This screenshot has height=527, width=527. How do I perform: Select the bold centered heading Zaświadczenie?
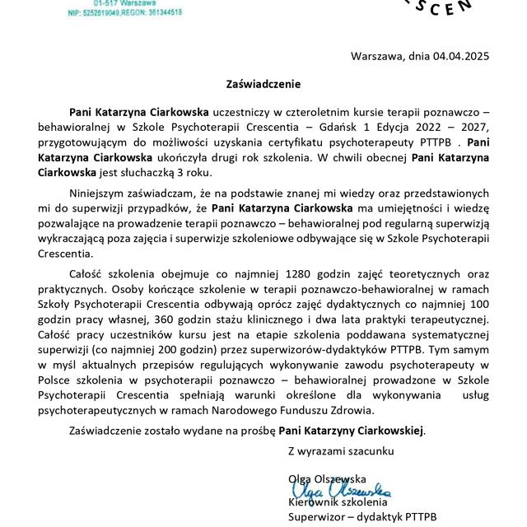pos(263,83)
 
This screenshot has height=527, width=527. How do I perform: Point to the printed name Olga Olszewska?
pos(327,478)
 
